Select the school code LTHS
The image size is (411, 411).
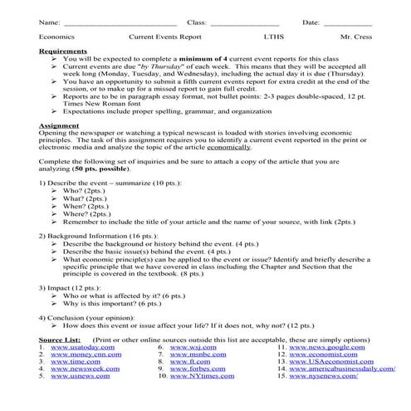pyautogui.click(x=274, y=37)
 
